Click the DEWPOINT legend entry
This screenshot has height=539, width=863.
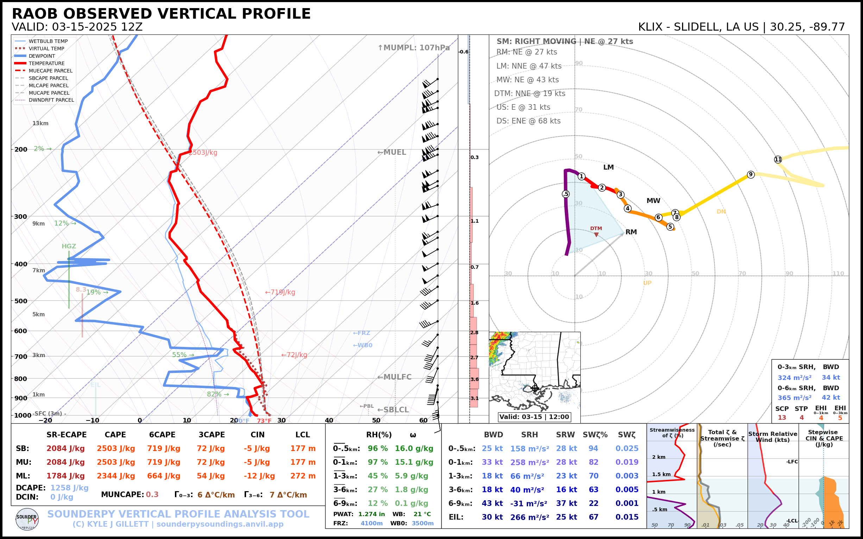(x=42, y=56)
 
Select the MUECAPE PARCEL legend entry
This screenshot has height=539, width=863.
(x=50, y=71)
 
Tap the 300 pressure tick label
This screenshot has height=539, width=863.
(x=21, y=217)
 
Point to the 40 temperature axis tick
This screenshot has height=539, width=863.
(x=329, y=420)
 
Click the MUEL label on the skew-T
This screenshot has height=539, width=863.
(x=392, y=152)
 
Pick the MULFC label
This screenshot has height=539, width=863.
(x=395, y=377)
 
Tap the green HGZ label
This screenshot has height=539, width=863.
(x=69, y=246)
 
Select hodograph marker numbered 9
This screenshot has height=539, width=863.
(x=751, y=174)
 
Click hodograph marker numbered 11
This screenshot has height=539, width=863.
(x=778, y=159)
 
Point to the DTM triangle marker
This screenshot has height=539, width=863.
(x=596, y=235)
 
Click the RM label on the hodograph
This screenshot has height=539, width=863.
(x=631, y=232)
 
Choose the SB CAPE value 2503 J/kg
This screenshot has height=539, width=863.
(x=115, y=449)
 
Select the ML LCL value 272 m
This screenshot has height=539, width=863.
(x=303, y=476)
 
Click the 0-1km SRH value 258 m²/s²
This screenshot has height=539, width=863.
(x=529, y=462)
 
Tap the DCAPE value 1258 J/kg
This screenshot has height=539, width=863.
(x=69, y=488)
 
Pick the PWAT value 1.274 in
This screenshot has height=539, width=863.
(x=371, y=514)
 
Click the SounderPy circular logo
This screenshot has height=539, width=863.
(x=27, y=519)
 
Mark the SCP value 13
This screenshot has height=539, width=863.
(x=782, y=417)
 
